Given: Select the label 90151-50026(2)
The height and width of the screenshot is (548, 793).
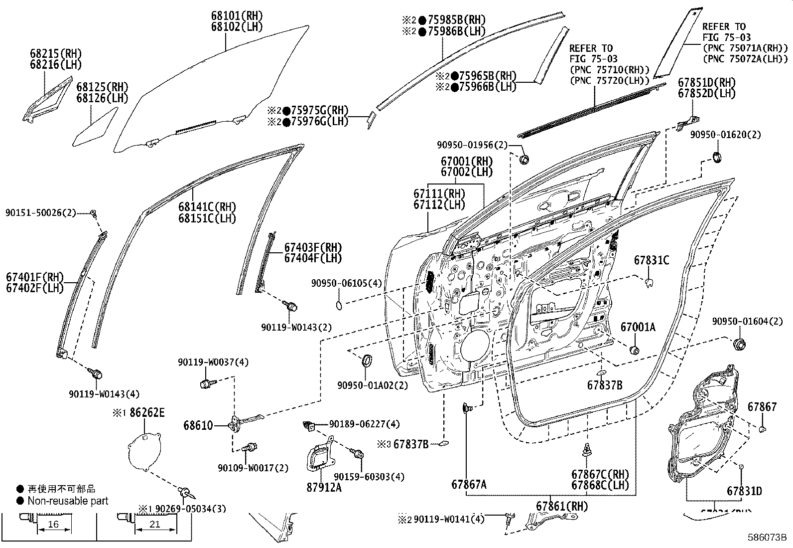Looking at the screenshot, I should (x=41, y=213).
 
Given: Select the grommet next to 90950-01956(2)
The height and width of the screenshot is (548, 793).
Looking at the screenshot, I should (x=524, y=160).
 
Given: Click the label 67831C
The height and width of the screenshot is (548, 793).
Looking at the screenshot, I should (x=651, y=260).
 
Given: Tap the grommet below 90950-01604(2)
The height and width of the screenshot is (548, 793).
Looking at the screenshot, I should (x=739, y=344).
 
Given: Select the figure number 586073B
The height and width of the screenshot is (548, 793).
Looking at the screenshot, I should (x=767, y=538).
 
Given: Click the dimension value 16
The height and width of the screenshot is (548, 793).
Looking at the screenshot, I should (x=54, y=524).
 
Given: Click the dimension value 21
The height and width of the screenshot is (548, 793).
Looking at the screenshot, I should (x=154, y=524).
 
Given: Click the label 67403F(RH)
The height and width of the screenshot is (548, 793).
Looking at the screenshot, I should (x=313, y=247).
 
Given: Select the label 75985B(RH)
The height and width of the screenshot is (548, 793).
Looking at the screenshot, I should (x=459, y=20).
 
